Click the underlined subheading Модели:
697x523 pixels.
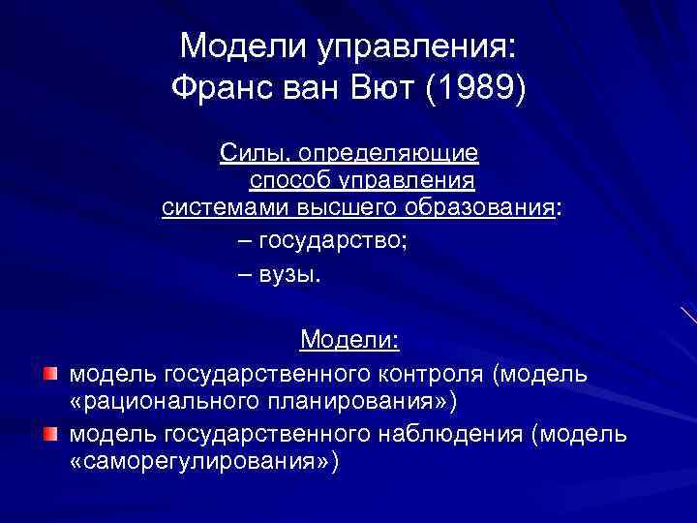point(349,340)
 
